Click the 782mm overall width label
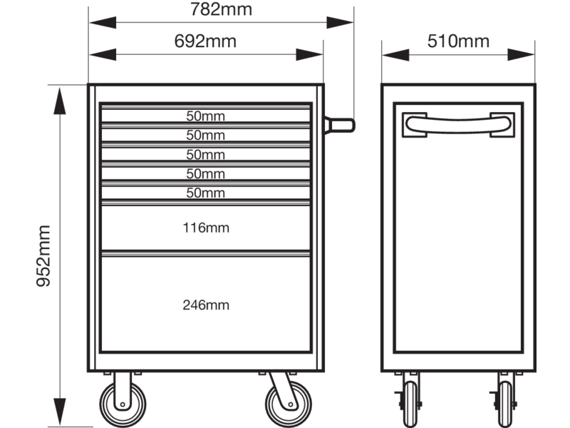pos(221,9)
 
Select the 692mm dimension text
pos(205,41)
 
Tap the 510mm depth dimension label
pos(458,41)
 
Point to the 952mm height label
pos(43,256)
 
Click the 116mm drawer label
pos(206,228)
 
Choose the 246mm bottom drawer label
pos(206,305)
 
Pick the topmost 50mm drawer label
pos(205,116)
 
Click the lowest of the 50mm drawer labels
pos(205,193)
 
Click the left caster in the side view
pos(410,404)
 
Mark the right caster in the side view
pos(504,404)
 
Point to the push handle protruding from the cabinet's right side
pos(339,126)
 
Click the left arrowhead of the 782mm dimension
pos(103,23)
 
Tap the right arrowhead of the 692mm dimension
pos(309,55)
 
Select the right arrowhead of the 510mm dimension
pos(521,55)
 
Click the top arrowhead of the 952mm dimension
pos(60,101)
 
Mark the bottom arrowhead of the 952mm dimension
pos(60,412)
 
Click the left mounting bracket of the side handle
pos(414,125)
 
